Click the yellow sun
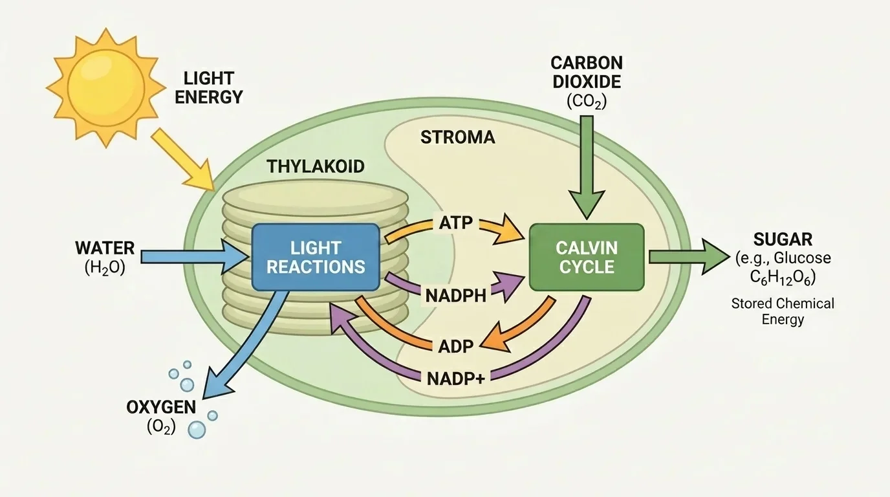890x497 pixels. tap(105, 85)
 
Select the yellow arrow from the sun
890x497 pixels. tap(183, 157)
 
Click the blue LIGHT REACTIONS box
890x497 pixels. tap(315, 257)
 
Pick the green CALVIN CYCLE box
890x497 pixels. tap(587, 257)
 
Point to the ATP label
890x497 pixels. tap(456, 224)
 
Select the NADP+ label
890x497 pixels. tap(455, 377)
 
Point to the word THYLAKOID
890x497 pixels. tap(316, 166)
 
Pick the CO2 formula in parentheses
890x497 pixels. tap(587, 101)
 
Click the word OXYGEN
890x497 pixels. tap(161, 408)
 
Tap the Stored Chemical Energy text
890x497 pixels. tap(783, 311)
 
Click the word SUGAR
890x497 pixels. tap(783, 239)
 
